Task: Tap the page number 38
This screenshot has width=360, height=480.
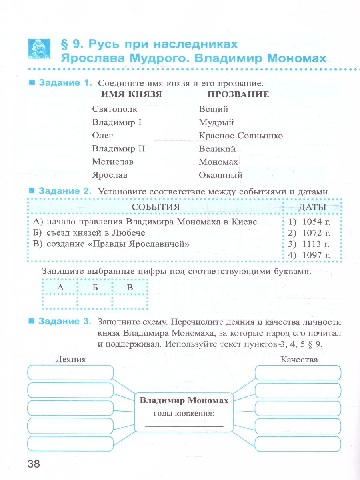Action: point(34,464)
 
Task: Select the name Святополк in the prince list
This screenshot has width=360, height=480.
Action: point(115,109)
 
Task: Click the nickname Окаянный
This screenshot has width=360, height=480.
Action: point(220,175)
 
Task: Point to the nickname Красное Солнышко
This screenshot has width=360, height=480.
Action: point(240,136)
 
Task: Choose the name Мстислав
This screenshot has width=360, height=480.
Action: point(113,162)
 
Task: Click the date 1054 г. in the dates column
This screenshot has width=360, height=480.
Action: point(316,222)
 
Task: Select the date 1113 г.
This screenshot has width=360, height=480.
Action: point(316,244)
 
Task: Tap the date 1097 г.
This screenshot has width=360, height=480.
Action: point(316,255)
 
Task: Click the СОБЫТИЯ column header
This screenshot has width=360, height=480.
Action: point(156,207)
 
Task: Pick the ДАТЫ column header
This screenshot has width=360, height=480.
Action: point(312,207)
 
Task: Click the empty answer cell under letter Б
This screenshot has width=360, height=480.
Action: point(96,301)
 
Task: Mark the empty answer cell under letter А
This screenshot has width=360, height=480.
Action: point(60,301)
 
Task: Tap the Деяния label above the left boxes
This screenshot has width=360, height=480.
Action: point(71,359)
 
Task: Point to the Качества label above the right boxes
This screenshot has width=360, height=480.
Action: point(299,359)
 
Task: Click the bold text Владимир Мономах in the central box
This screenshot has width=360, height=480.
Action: point(184,400)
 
